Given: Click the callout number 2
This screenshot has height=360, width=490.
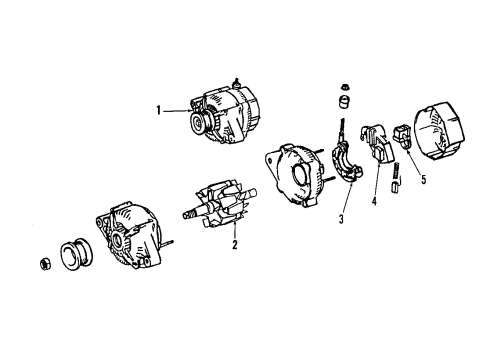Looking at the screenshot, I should pos(234,243).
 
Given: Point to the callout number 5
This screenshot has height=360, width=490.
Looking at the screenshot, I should pos(423,179).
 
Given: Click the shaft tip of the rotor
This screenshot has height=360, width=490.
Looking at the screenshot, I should pos(185,213).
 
